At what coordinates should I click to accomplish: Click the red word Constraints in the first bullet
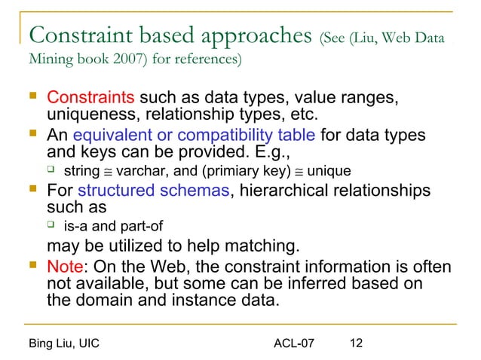pos(90,99)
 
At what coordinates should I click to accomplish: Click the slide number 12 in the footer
pos(357,343)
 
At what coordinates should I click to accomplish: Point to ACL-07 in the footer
pos(293,343)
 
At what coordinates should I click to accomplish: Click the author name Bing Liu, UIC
pos(63,343)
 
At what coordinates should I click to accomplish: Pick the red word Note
pos(64,267)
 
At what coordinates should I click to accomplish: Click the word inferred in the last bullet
pos(317,285)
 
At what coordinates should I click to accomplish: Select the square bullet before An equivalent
pos(30,136)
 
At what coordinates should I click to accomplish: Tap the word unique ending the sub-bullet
pos(329,171)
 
